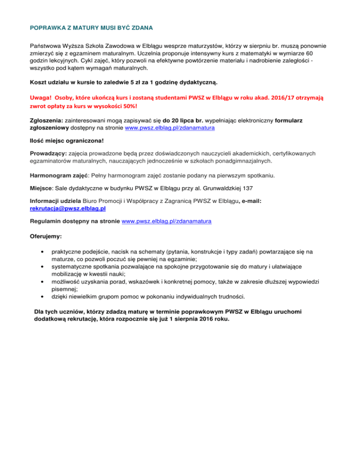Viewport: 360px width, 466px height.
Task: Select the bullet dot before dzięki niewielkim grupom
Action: [44, 296]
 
